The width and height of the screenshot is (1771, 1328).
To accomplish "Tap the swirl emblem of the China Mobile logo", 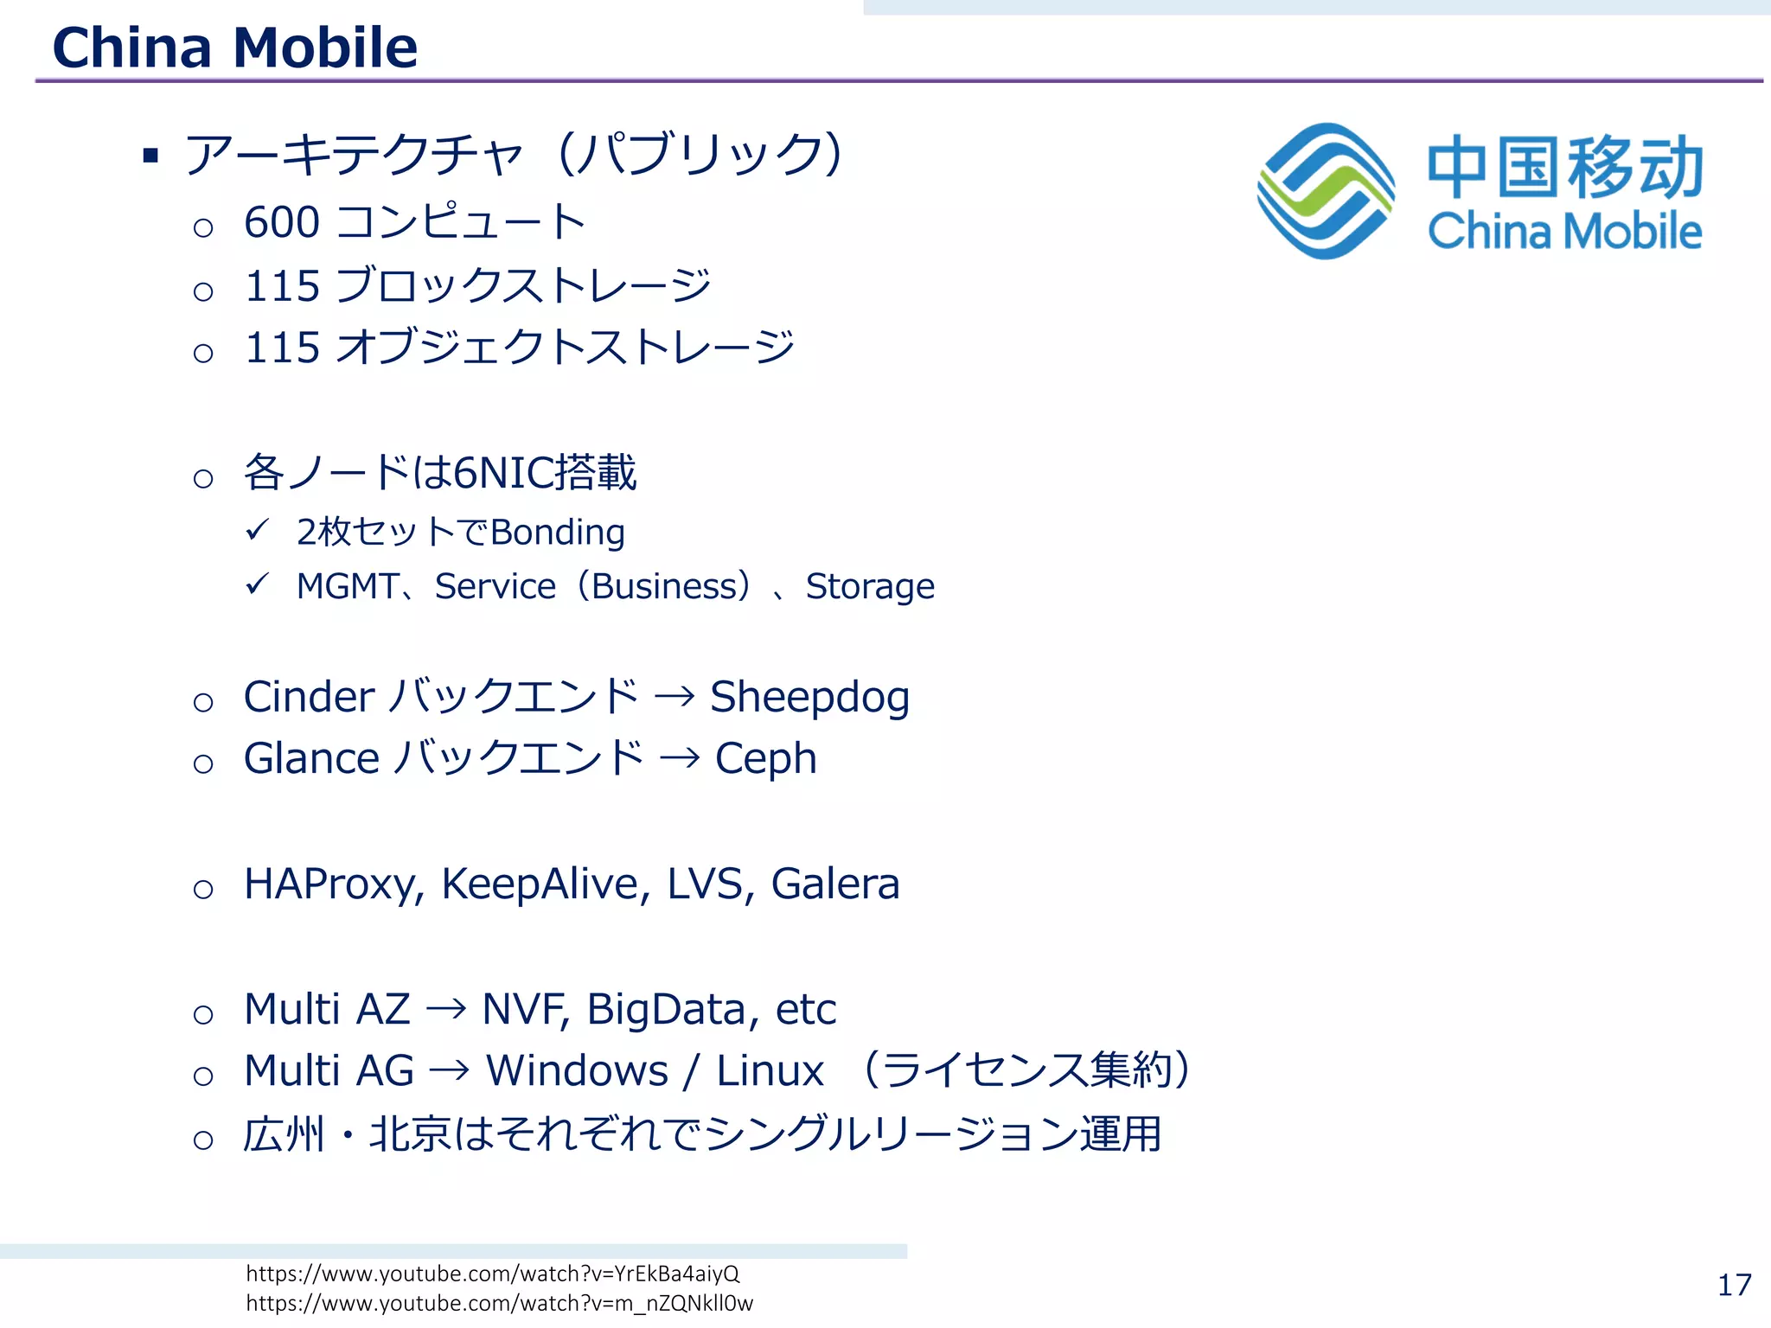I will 1325,191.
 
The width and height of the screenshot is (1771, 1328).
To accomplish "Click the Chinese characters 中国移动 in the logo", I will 1564,167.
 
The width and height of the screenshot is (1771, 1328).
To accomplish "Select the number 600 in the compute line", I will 282,222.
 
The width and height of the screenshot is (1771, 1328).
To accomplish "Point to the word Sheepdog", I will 809,697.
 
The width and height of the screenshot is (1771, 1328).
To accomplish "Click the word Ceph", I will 765,759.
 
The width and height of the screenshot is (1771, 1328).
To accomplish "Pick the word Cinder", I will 309,697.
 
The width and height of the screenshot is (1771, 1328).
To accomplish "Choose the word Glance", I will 311,759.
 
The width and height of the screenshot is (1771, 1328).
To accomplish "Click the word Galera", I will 834,884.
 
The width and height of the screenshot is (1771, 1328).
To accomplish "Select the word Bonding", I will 557,533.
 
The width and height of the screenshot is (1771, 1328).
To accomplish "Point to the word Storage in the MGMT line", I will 869,586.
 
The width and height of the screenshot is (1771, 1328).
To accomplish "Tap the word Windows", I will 577,1071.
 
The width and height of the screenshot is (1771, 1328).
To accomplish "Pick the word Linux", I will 770,1071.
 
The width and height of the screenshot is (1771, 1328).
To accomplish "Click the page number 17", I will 1734,1285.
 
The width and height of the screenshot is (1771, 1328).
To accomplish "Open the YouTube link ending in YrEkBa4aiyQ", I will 492,1274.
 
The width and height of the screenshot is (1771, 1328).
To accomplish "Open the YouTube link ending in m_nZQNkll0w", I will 499,1303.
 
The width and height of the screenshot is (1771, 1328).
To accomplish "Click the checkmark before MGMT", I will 257,584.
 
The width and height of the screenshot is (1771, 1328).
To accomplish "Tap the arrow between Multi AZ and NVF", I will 446,1009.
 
